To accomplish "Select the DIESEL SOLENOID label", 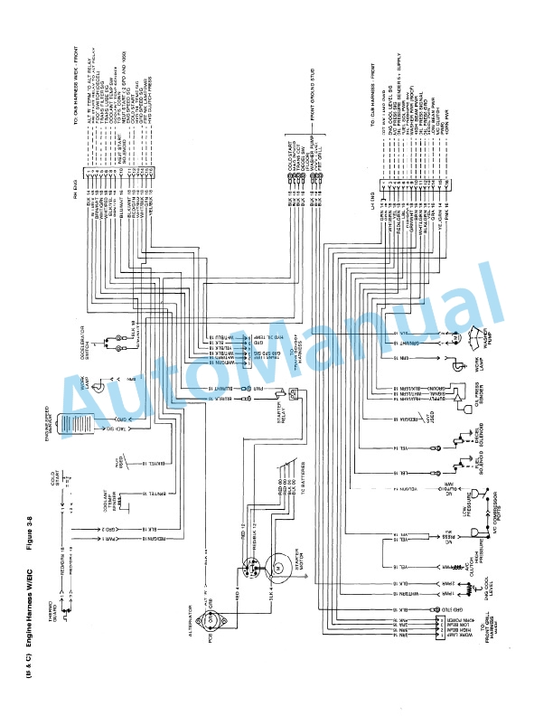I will (480, 435).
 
